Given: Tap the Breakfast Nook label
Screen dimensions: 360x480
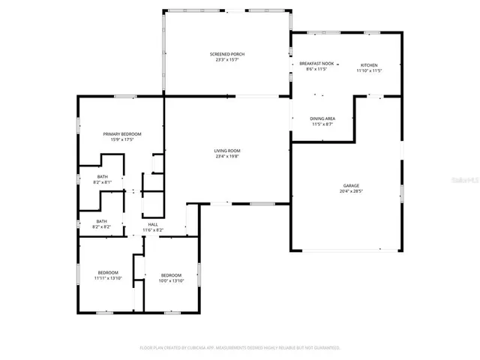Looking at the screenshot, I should point(316,64).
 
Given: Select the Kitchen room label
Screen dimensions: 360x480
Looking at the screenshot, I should point(369,65).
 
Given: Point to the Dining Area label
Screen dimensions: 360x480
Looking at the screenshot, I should point(322,118).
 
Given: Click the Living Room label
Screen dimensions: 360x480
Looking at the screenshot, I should point(227,151).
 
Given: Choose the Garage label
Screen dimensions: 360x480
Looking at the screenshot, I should point(351,185).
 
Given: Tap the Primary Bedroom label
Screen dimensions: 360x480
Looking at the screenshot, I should point(121,133).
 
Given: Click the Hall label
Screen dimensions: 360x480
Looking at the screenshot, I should point(153,224).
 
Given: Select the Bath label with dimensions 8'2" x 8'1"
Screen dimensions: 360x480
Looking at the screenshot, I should point(101,176).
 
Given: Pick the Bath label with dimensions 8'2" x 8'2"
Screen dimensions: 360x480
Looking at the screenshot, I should point(101,221).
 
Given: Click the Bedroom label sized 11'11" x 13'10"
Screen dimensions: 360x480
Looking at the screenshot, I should point(108,272).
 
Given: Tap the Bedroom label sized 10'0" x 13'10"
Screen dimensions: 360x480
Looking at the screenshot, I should point(171,275).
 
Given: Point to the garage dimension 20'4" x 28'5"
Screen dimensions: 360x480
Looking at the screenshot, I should point(351,191).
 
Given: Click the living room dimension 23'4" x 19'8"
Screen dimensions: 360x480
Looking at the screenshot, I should point(227,157).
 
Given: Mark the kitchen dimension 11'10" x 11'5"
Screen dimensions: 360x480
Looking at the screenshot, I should point(369,70).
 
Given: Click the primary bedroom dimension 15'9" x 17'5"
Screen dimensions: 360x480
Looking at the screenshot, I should point(121,139).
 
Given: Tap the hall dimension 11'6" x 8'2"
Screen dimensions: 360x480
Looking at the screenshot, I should point(153,230).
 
